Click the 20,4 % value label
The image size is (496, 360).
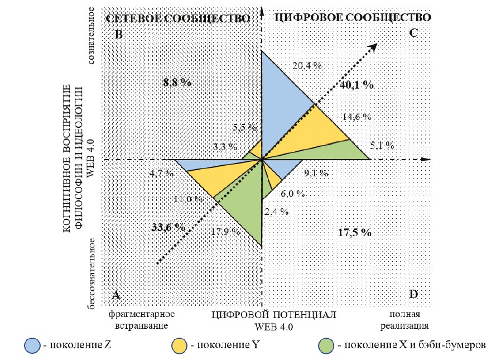307,65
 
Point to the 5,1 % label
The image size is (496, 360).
382,146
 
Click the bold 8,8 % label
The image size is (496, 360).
177,83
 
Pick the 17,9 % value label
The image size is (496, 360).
225,231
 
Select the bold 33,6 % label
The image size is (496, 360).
168,227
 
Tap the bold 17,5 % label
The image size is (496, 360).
355,232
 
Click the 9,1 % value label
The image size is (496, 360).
315,173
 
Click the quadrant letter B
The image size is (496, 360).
118,34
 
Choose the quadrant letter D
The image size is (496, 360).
413,294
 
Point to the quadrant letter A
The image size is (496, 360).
117,294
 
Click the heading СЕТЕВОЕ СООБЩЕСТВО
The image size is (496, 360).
177,18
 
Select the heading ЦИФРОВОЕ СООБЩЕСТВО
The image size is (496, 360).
354,17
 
